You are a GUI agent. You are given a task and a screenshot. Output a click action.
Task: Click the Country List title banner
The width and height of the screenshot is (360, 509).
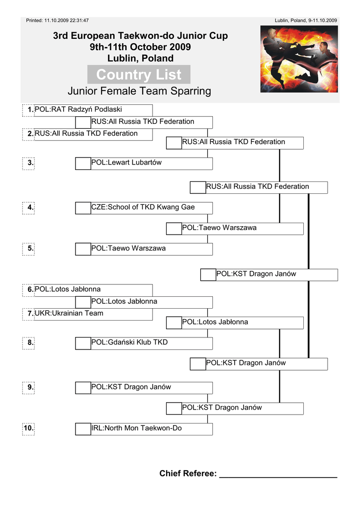pos(139,75)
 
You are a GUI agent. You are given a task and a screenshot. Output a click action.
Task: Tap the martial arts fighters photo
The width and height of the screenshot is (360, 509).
pos(299,59)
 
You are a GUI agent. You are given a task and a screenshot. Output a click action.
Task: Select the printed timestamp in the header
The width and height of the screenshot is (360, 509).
pos(57,20)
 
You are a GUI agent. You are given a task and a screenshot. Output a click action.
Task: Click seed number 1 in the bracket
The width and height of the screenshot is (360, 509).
pos(29,110)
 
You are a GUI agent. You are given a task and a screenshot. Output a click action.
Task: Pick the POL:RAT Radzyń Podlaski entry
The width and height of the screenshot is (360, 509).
pos(79,109)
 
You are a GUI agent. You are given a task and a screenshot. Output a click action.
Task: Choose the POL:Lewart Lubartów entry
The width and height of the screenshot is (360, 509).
pos(127,163)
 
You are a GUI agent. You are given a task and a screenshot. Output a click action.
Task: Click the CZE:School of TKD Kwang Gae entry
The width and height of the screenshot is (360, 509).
pos(143,207)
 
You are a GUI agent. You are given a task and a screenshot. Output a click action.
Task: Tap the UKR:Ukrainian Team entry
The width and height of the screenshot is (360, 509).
pos(69,314)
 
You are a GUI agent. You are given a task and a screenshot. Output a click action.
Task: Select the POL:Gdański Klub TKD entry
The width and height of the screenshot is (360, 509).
pos(130,342)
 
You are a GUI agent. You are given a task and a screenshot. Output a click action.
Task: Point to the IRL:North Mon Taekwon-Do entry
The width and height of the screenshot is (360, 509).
pos(137,428)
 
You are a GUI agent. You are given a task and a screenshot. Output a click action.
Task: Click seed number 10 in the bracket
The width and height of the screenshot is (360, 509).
pos(28,428)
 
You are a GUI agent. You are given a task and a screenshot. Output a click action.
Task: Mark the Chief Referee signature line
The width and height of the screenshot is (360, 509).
pos(278,475)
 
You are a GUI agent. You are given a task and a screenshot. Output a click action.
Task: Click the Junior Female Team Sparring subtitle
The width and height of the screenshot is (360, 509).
pos(139,91)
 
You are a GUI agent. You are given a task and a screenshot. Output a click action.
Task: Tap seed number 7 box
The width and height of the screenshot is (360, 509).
pos(29,314)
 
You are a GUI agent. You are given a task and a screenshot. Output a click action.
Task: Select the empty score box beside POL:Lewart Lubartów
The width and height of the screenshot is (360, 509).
pos(83,163)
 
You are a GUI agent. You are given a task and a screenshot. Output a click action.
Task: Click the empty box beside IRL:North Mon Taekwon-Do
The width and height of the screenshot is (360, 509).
pos(83,428)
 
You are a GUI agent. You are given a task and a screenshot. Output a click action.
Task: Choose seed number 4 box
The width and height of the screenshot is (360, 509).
pos(29,208)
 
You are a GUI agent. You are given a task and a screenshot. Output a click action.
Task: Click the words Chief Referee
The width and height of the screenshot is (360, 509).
pos(188,474)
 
